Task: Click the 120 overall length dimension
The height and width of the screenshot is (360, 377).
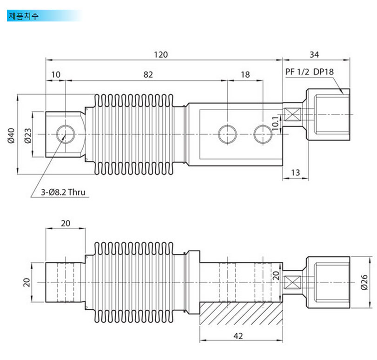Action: click(161, 54)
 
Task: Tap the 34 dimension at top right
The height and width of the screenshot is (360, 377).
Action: click(314, 54)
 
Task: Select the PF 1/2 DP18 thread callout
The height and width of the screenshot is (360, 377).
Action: click(310, 72)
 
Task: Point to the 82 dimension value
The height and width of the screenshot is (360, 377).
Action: click(148, 74)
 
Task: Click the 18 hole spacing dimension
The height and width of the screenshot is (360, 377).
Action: click(245, 74)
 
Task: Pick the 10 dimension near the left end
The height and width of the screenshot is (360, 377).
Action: click(56, 74)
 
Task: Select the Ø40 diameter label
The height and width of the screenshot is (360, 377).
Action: click(11, 136)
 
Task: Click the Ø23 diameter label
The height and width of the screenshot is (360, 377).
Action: click(28, 136)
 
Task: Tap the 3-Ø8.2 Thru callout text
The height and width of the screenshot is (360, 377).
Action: click(63, 192)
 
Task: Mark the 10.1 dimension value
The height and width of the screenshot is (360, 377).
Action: click(276, 123)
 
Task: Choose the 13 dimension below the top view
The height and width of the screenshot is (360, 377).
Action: click(296, 173)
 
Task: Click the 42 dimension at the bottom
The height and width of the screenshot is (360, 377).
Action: click(238, 336)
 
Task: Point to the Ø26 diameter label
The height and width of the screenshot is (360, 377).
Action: click(364, 282)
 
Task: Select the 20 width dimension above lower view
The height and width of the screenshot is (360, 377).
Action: click(66, 223)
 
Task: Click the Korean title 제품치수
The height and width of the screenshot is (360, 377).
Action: click(24, 16)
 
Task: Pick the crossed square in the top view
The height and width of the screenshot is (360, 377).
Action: click(292, 114)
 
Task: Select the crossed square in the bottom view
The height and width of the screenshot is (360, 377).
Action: click(292, 282)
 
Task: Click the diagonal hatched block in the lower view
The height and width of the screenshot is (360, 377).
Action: click(241, 313)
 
